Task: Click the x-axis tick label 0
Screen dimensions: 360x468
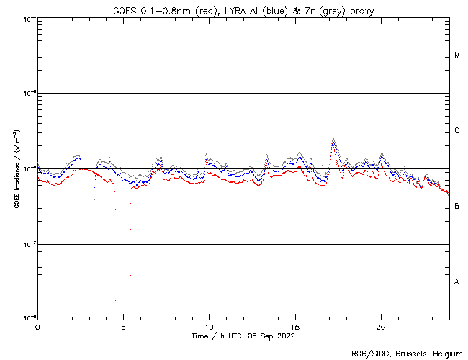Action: click(37, 326)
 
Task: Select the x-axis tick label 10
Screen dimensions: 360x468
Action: click(209, 326)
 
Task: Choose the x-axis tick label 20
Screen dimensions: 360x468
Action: click(381, 326)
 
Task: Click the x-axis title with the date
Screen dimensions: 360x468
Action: click(243, 336)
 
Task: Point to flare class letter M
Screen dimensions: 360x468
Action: click(457, 55)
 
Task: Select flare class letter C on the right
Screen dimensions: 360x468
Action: click(457, 131)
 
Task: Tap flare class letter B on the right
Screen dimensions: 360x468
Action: click(457, 207)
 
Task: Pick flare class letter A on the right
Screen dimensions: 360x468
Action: click(457, 282)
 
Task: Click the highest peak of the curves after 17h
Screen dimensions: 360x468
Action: click(333, 140)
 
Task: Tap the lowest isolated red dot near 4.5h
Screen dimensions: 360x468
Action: click(115, 300)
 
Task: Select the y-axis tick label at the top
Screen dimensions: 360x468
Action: click(27, 19)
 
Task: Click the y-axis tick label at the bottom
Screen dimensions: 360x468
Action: click(27, 318)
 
